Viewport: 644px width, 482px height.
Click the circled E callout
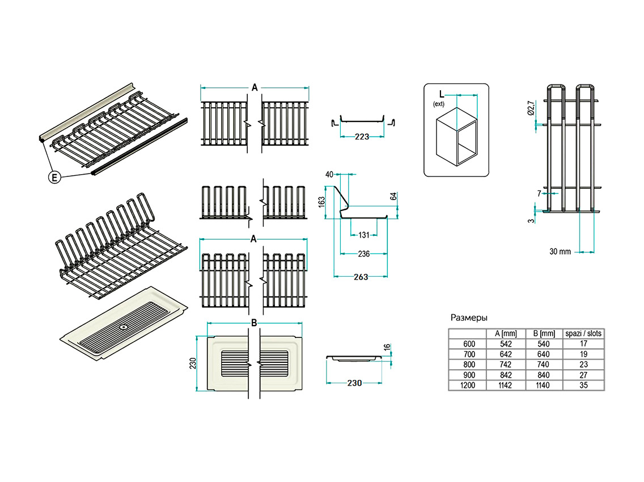point(54,177)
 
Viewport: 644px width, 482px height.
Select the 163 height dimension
point(322,202)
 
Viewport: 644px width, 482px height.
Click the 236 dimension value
point(363,254)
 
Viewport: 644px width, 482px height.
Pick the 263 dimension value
point(361,277)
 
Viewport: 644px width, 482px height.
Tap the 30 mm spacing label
point(560,251)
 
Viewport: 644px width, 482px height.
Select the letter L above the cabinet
point(441,94)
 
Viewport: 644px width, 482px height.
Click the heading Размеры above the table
point(469,318)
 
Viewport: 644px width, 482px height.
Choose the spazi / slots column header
point(583,333)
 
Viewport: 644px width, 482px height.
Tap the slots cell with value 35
point(583,385)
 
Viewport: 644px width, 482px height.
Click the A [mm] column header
point(506,333)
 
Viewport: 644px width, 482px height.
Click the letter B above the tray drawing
point(255,323)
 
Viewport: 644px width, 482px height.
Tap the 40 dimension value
point(329,175)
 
